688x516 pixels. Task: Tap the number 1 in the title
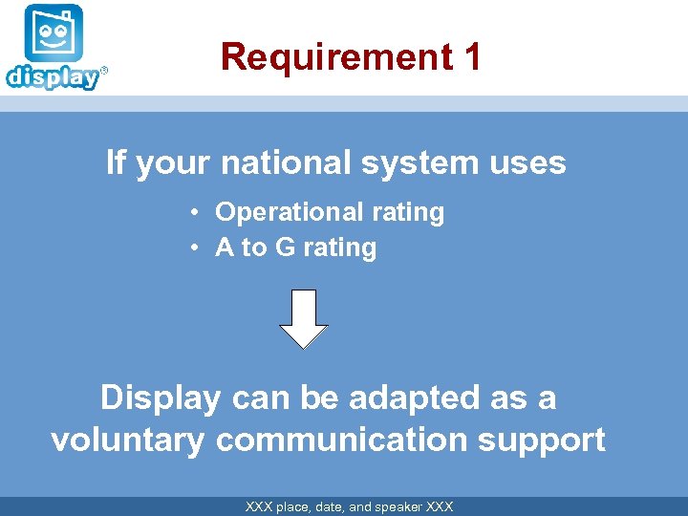(471, 57)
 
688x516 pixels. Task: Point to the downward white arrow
(303, 318)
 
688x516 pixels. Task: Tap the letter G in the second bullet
(284, 248)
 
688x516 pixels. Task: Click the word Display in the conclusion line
(160, 398)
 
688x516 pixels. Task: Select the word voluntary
(128, 441)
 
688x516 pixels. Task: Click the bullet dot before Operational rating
(194, 212)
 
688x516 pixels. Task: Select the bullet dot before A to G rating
(194, 248)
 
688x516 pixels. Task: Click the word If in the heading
(116, 162)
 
